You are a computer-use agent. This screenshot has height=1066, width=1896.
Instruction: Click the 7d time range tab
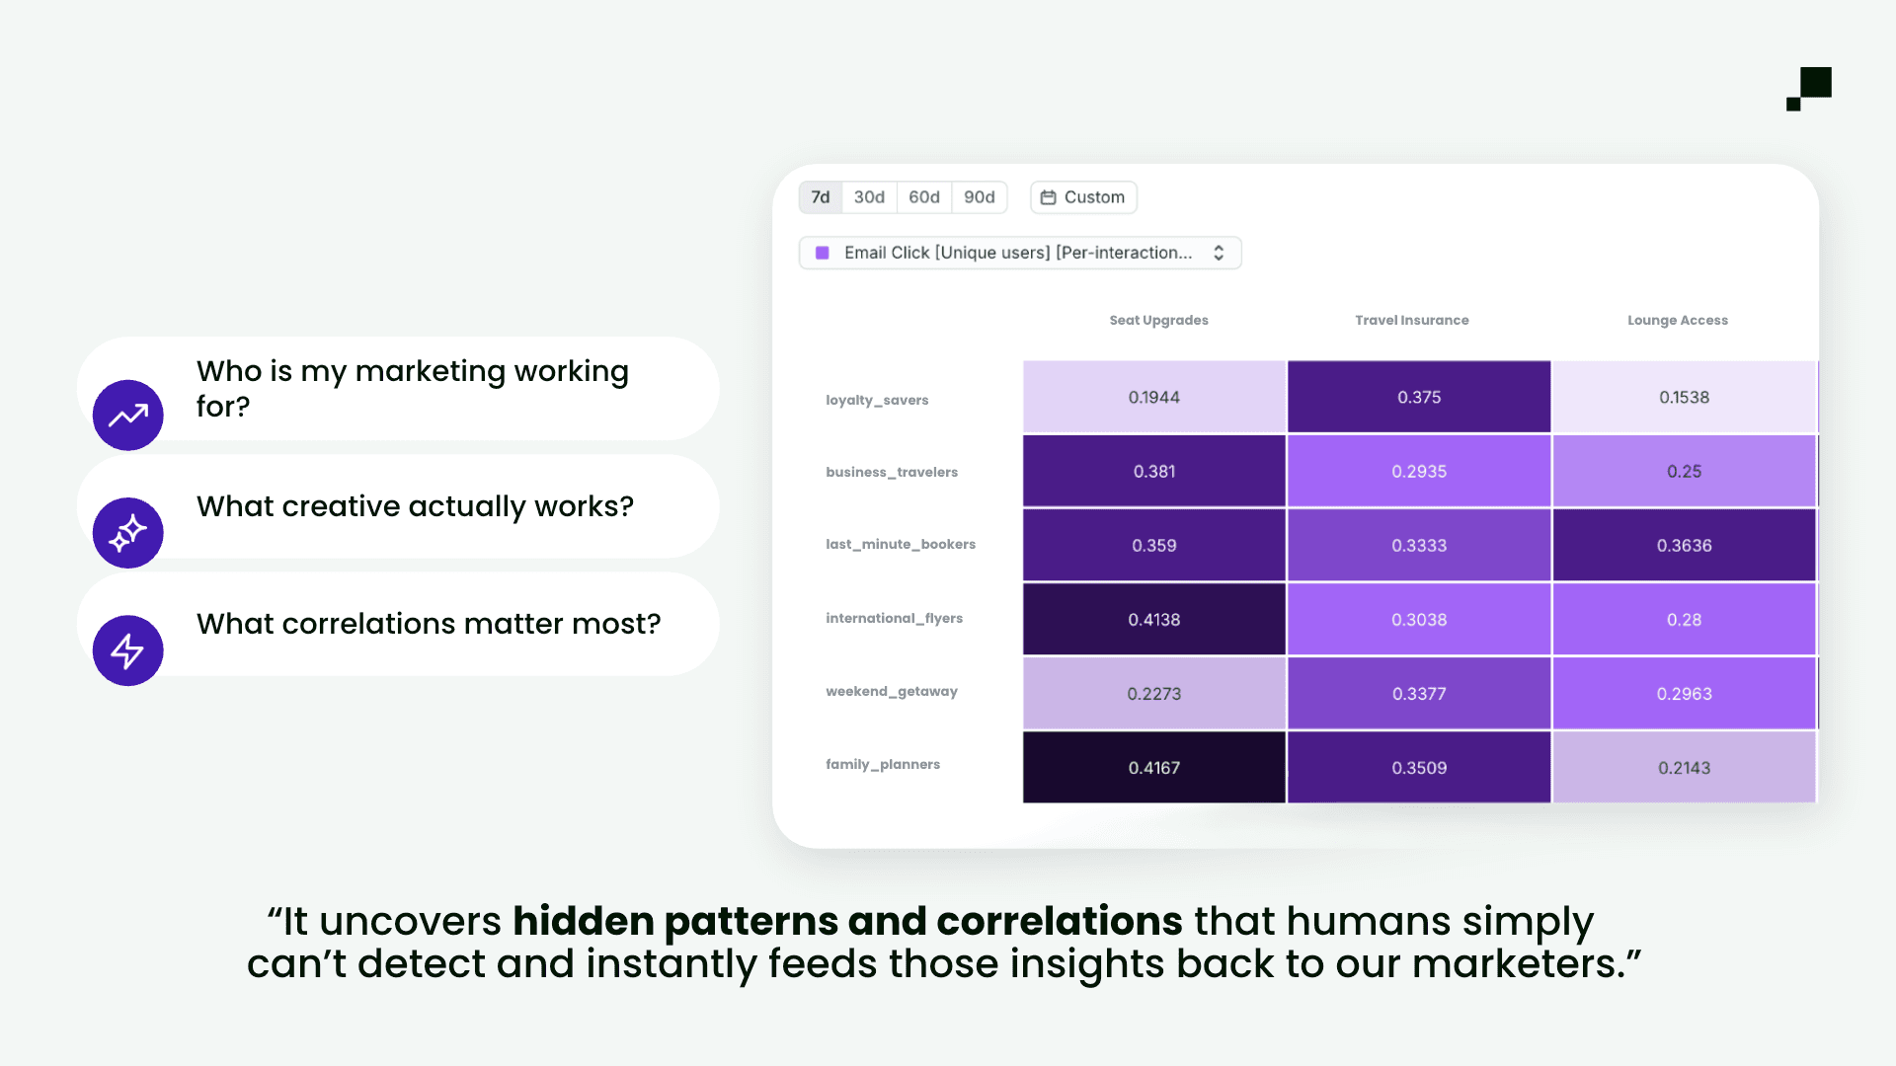click(x=820, y=197)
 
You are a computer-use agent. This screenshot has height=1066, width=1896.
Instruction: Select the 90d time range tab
click(x=979, y=197)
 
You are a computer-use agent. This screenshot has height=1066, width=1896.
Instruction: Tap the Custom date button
click(x=1083, y=197)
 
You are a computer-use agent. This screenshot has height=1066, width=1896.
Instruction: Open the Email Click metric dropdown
click(x=1019, y=253)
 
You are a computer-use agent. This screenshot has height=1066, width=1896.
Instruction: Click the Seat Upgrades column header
click(x=1158, y=320)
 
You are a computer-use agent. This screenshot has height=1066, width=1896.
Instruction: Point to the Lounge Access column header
click(x=1677, y=320)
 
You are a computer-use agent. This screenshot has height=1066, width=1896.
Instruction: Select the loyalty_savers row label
click(x=877, y=400)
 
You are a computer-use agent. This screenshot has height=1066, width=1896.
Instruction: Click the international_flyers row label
click(x=894, y=618)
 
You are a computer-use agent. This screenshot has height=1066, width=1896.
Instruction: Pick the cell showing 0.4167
click(x=1153, y=767)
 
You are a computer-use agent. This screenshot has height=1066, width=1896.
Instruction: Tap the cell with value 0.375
click(x=1418, y=397)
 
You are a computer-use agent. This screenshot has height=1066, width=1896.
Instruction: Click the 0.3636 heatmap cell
click(x=1684, y=545)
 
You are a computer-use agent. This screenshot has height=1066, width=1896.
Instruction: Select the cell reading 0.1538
click(x=1684, y=397)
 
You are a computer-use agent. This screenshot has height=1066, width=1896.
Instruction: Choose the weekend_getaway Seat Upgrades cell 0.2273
click(x=1153, y=693)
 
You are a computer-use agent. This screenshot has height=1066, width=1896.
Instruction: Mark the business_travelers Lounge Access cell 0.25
click(x=1684, y=471)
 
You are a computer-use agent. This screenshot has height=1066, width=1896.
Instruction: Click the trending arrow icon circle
click(x=128, y=416)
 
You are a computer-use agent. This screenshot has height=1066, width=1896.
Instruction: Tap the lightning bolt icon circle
click(x=128, y=650)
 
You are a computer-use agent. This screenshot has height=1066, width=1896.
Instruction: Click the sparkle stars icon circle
click(x=128, y=533)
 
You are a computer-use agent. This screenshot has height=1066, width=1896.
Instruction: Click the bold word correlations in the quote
click(x=1059, y=921)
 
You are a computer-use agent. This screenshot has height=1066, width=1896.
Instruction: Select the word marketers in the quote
click(x=1519, y=964)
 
